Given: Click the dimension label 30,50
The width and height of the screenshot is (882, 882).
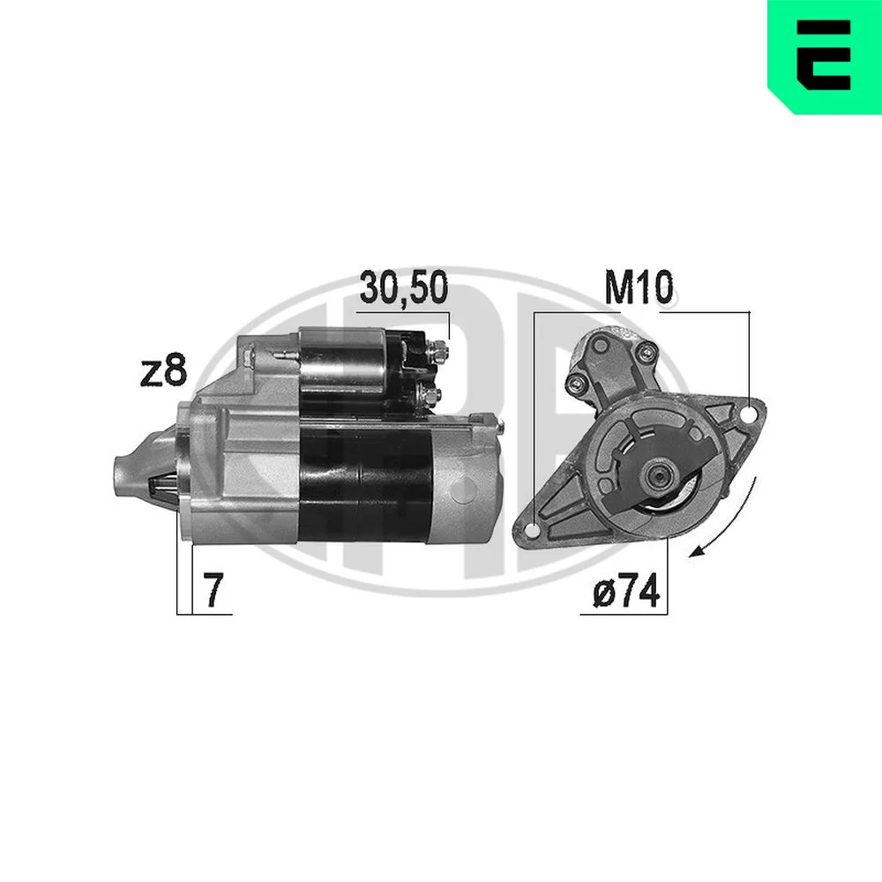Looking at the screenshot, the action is coord(404,288).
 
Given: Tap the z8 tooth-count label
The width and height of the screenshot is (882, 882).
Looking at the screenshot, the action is coord(163,370).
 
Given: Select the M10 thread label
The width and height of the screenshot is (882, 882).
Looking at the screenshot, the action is coord(639,288).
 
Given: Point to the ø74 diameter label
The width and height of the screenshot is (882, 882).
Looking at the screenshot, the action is coord(626,591).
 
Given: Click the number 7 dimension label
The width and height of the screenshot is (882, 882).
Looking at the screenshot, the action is coord(213,591).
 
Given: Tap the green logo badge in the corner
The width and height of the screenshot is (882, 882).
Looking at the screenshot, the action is coord(825,56).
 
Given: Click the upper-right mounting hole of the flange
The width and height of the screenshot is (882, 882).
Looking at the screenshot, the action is coord(748,415).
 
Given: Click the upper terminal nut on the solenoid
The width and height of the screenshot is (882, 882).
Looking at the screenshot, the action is coord(437,351).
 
